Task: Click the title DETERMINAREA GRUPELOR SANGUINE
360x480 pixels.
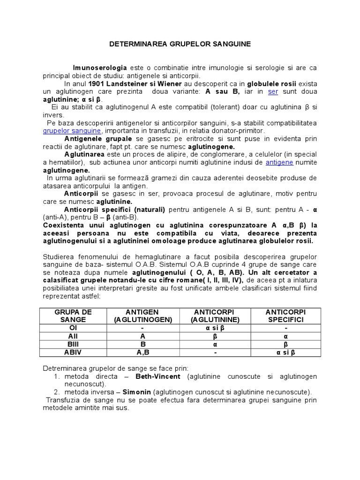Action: [x=180, y=44]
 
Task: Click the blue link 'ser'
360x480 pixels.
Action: [x=273, y=91]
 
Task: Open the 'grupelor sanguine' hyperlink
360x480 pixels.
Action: [x=72, y=131]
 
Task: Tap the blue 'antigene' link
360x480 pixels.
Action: [x=279, y=162]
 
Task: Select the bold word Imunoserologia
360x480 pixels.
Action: [x=100, y=67]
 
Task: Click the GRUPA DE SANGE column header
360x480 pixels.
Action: [x=73, y=315]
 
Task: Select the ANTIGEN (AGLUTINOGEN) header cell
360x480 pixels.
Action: [x=143, y=315]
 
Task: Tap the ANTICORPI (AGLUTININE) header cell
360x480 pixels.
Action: [x=215, y=315]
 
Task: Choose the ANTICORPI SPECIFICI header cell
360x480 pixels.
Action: [x=285, y=315]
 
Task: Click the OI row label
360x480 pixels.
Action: [x=73, y=328]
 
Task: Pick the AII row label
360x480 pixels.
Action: [x=73, y=336]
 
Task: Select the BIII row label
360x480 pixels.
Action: [x=73, y=345]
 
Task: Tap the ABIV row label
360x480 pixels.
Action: [x=73, y=352]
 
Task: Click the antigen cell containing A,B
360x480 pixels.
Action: [x=143, y=352]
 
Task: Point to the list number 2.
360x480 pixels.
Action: [x=56, y=392]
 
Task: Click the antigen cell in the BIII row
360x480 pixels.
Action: [x=143, y=345]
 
